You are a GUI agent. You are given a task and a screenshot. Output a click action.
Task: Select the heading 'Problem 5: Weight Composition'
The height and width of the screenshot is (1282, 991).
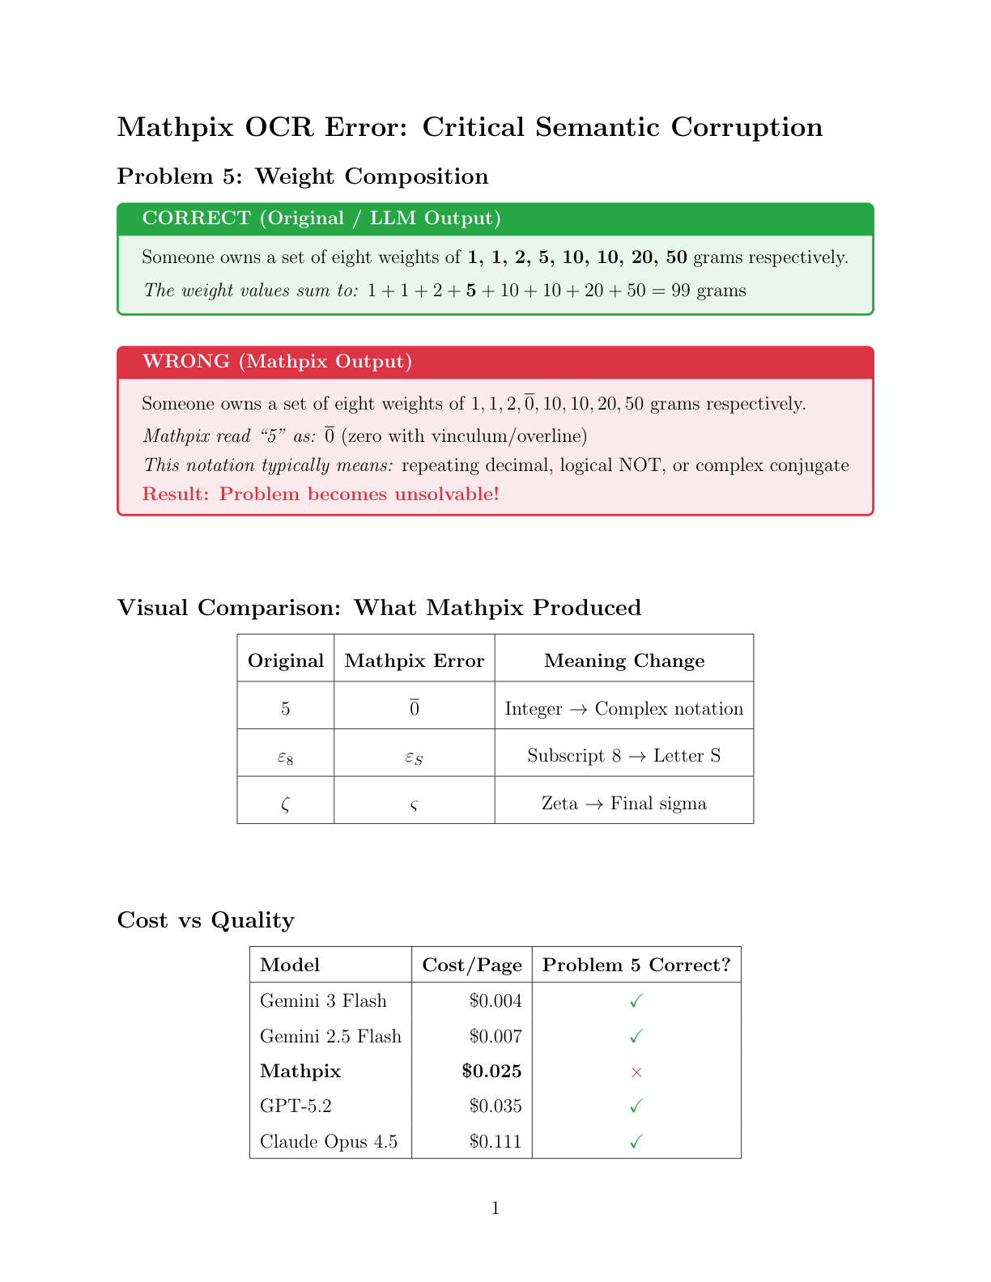[x=303, y=176]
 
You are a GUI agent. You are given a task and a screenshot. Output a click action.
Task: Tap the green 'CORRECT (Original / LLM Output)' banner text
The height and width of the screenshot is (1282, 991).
[x=321, y=219]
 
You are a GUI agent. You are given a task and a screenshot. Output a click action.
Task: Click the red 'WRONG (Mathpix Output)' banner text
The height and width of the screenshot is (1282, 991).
[x=277, y=362]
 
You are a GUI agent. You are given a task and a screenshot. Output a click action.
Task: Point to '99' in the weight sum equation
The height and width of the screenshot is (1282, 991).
[x=681, y=291]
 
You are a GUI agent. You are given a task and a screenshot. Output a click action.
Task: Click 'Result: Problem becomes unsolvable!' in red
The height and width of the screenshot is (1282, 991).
[x=321, y=494]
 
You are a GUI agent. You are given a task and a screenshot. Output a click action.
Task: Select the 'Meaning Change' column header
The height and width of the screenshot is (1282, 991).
[x=624, y=661]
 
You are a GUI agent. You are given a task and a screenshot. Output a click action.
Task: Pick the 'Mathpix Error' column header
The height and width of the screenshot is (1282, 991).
[x=415, y=661]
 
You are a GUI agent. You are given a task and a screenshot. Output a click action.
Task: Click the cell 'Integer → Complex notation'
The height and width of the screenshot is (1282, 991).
[x=624, y=709]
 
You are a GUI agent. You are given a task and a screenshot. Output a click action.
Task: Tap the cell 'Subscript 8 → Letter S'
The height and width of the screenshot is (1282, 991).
[x=624, y=756]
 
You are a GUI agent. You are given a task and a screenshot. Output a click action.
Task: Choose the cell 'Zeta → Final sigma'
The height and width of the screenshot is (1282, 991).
[x=624, y=804]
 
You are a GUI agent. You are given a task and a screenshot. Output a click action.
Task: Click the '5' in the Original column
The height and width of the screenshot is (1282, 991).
[x=286, y=709]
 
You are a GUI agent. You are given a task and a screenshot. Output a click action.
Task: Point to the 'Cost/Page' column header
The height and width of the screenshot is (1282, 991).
[x=472, y=966]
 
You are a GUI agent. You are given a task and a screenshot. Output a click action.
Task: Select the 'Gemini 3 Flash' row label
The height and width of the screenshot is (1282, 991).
[x=323, y=1001]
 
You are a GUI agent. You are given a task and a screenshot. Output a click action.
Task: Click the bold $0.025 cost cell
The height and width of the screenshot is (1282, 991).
[x=491, y=1072]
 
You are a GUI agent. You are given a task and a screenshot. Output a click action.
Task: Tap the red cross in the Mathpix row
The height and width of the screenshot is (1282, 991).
[x=636, y=1072]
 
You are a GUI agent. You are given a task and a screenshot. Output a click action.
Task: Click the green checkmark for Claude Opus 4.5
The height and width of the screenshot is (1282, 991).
[x=636, y=1142]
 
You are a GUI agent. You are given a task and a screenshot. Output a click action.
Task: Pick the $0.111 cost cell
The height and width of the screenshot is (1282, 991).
[x=495, y=1142]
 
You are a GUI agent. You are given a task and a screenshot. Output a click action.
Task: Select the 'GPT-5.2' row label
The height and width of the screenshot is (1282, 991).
[x=296, y=1106]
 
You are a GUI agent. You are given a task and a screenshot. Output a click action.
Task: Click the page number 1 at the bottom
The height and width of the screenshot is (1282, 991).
[x=495, y=1208]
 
